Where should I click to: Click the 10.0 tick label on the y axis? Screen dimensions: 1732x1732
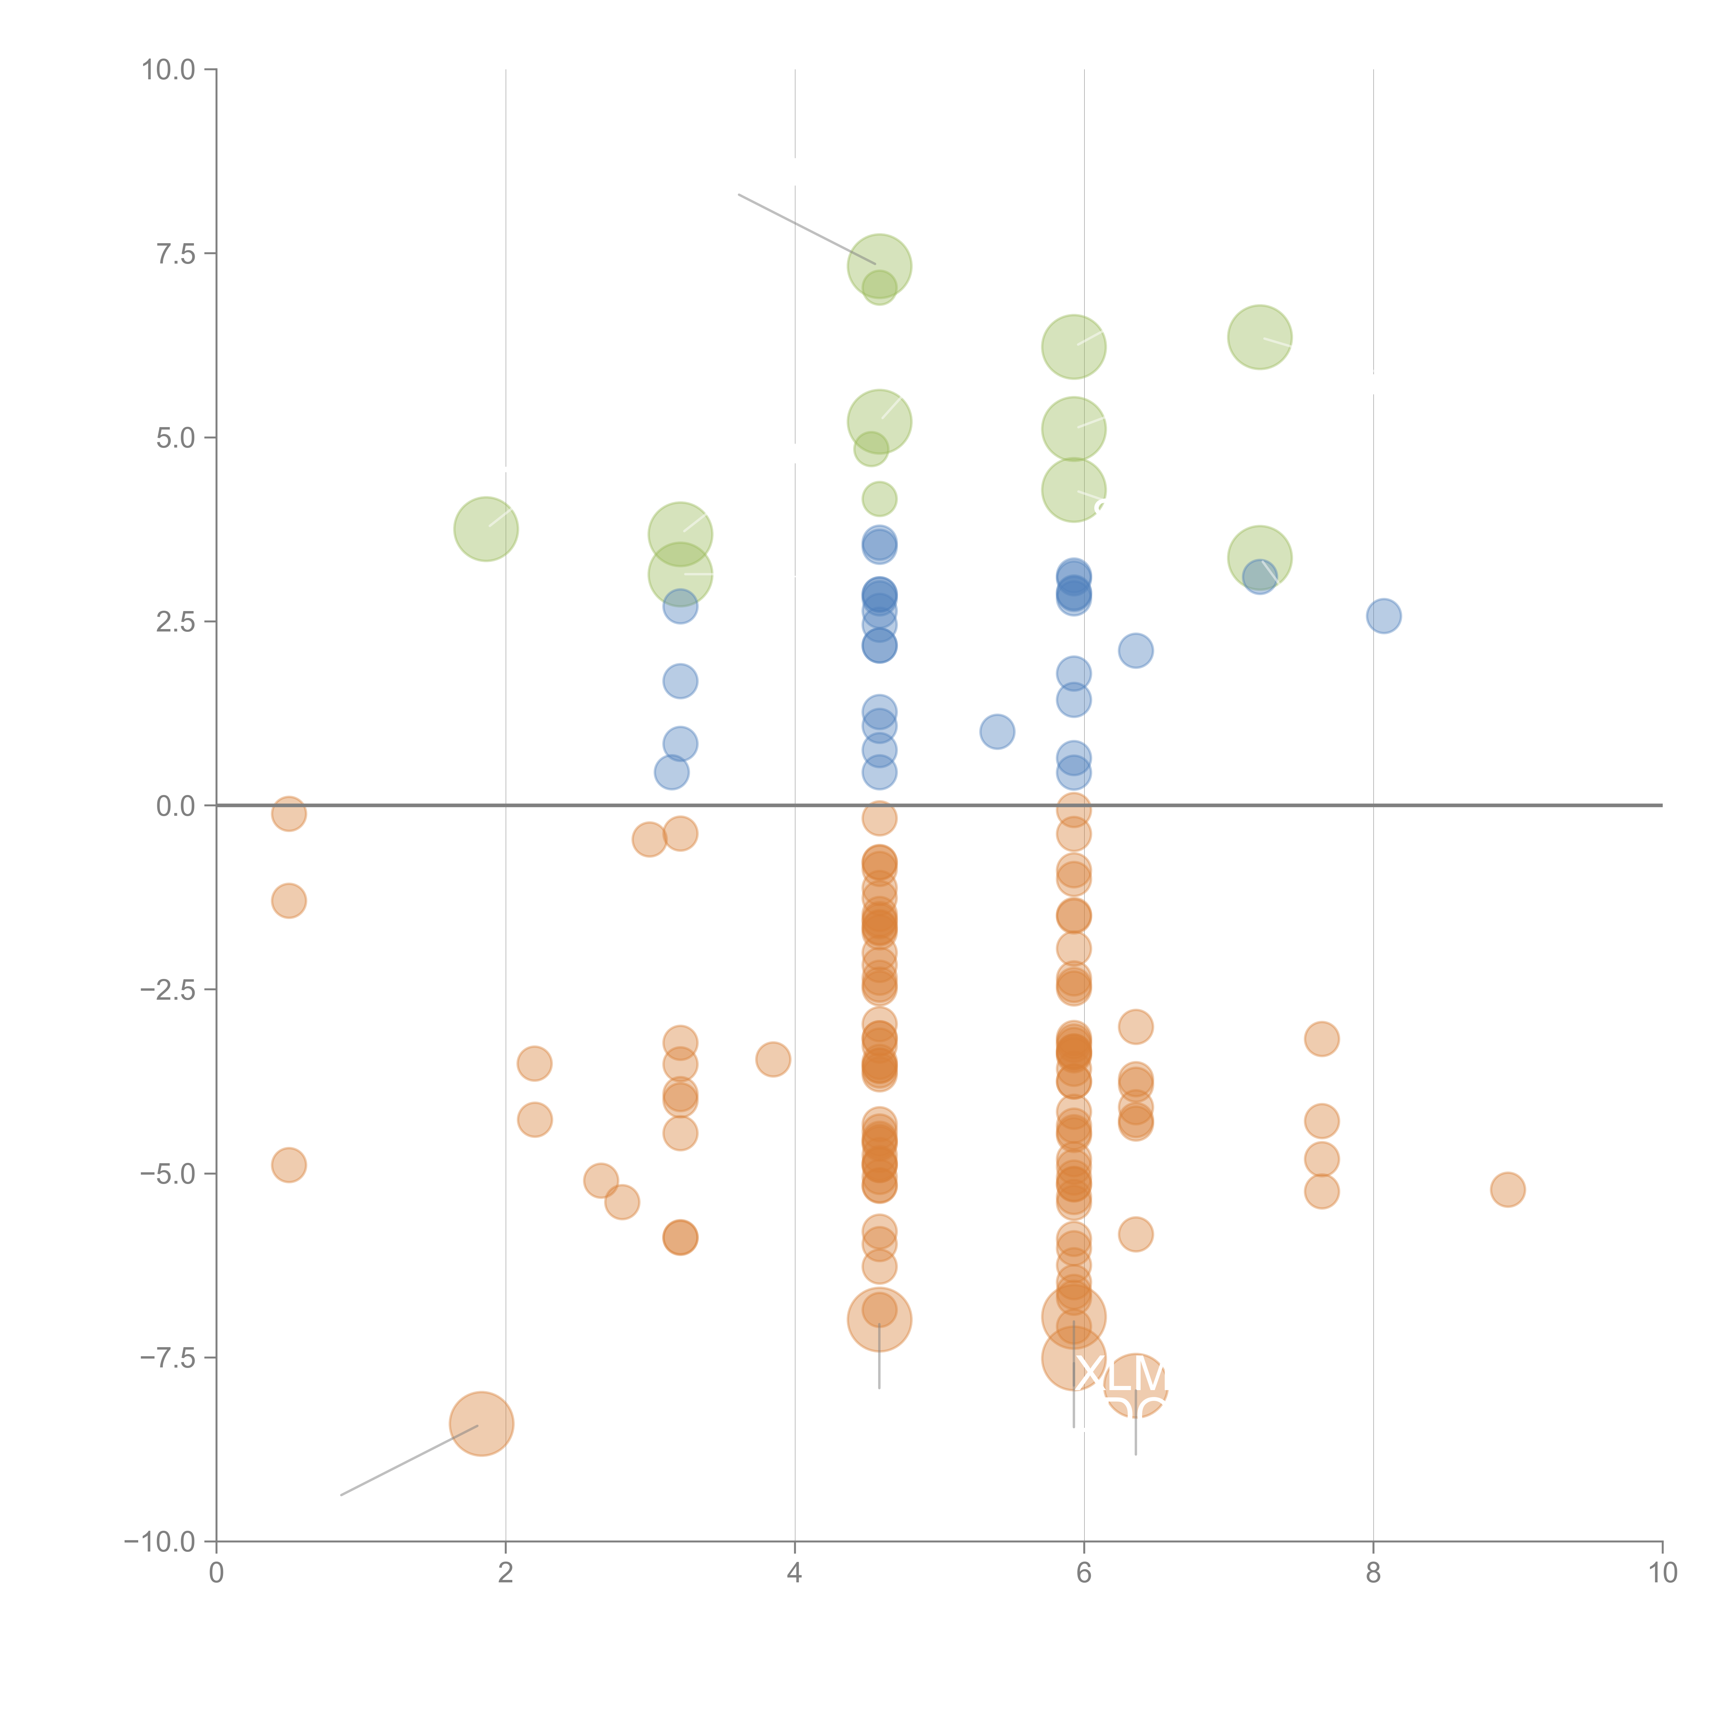[x=169, y=70]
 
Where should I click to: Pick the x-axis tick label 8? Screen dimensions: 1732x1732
[x=1373, y=1573]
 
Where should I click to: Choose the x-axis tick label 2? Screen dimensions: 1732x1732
[x=506, y=1573]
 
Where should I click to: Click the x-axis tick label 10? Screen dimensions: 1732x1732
[x=1662, y=1573]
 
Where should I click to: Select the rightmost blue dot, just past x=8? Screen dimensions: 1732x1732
[x=1384, y=616]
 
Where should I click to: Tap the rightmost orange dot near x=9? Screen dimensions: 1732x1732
[x=1508, y=1190]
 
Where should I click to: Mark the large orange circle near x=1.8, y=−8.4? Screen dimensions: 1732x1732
[x=481, y=1424]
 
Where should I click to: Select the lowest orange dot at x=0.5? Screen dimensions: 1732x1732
[x=289, y=1165]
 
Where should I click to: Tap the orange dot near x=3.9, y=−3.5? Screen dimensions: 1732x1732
[x=773, y=1060]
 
